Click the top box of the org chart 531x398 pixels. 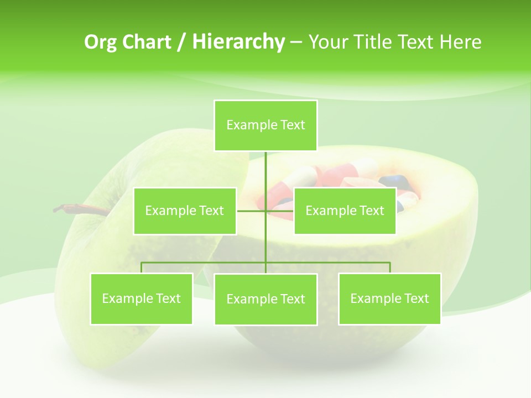pyautogui.click(x=265, y=125)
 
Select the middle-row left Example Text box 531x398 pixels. pyautogui.click(x=185, y=211)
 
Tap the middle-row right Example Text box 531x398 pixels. pyautogui.click(x=345, y=211)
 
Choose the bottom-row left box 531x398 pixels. pyautogui.click(x=141, y=298)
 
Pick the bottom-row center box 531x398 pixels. pyautogui.click(x=265, y=299)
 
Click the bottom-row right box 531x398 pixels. pyautogui.click(x=389, y=298)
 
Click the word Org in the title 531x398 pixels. pyautogui.click(x=100, y=42)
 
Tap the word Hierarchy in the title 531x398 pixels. pyautogui.click(x=238, y=42)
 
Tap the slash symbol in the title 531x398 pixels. pyautogui.click(x=181, y=42)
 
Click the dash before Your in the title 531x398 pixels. pyautogui.click(x=296, y=43)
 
